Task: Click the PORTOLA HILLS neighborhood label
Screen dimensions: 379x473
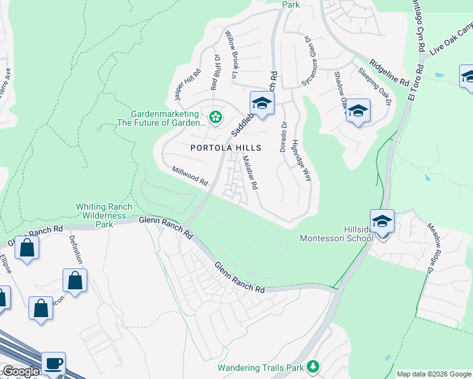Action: coord(226,147)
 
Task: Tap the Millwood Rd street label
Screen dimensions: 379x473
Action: coord(190,176)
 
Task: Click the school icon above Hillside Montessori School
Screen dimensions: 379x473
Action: coord(382,221)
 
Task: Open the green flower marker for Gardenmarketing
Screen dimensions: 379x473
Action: coord(216,116)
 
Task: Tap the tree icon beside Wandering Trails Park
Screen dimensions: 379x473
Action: coord(312,366)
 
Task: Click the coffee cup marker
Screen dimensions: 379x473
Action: coord(53,363)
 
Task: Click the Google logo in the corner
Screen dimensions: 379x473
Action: coord(20,371)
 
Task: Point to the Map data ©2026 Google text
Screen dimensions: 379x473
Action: coord(434,374)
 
